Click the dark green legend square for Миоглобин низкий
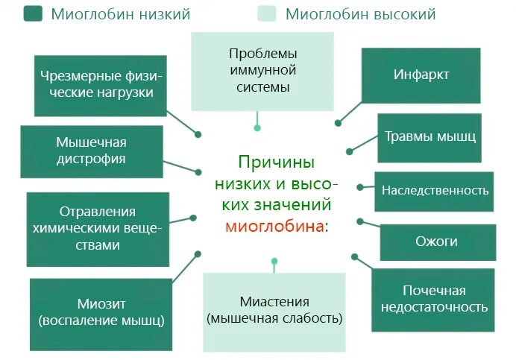coord(33,13)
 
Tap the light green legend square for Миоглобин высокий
coord(266,13)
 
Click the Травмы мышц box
coord(430,137)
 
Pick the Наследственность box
coord(435,189)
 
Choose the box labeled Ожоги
coord(436,241)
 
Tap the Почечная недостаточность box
coord(434,298)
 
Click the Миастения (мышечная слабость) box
coord(274,311)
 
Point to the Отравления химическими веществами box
coord(98,229)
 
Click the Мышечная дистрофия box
coord(91,151)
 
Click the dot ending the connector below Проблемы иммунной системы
coord(257,128)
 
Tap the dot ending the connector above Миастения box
coord(274,262)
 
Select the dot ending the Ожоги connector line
coord(359,221)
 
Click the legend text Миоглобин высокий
coord(361,14)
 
